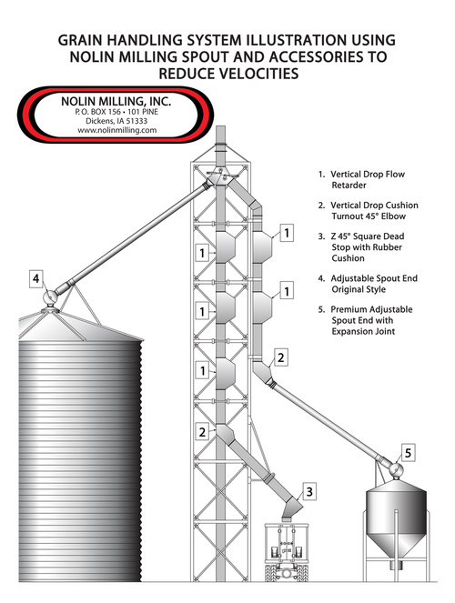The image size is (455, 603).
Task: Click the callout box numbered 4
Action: [36, 278]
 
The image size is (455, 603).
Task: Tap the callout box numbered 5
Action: [408, 453]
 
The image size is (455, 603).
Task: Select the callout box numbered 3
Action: [309, 492]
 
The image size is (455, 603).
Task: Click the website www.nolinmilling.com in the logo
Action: [116, 130]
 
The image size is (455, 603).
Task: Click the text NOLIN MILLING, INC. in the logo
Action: [116, 102]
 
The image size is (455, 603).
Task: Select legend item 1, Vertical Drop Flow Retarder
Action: [361, 179]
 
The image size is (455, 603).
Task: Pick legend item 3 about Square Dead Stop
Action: [360, 247]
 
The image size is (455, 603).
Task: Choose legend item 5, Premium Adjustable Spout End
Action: [366, 320]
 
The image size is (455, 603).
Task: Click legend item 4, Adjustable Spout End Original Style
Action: [368, 284]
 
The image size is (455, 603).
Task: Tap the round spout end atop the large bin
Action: [50, 296]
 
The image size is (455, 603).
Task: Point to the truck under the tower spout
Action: [287, 551]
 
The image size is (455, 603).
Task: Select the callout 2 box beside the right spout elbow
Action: [281, 357]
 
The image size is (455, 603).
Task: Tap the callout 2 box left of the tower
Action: [202, 432]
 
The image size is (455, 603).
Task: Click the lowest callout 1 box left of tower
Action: [202, 371]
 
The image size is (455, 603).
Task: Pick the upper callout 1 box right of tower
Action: [287, 233]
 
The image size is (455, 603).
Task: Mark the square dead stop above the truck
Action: [292, 508]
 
